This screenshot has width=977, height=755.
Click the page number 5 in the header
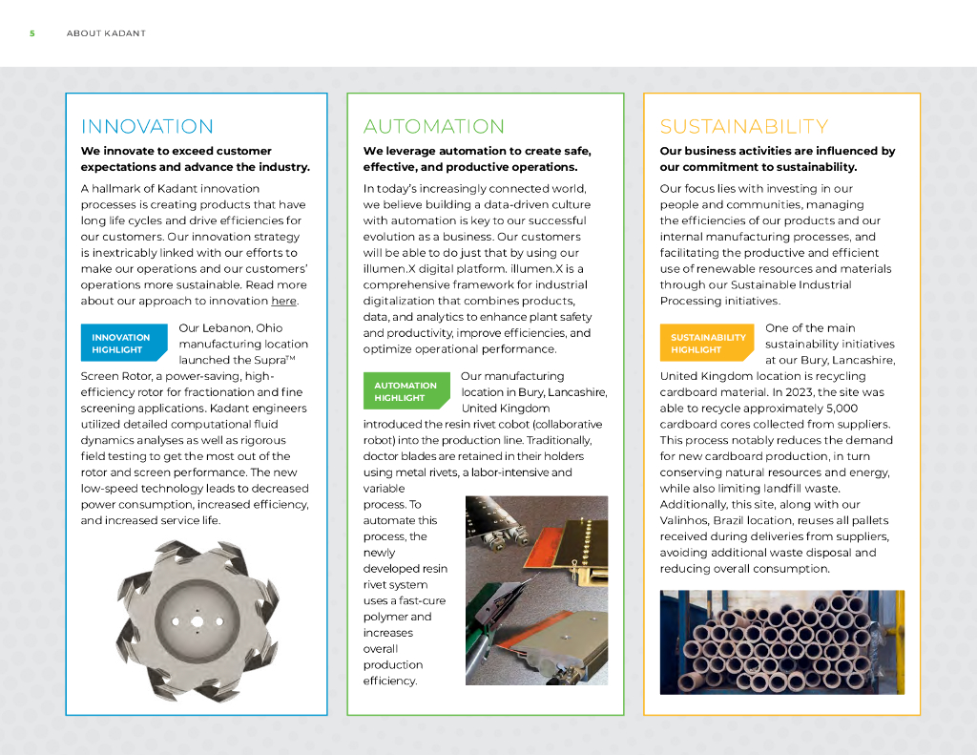point(31,33)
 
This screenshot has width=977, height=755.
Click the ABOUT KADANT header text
point(106,33)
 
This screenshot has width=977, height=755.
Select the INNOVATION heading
point(147,127)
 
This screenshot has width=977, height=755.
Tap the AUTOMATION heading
point(434,127)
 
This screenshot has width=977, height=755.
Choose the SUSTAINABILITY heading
point(744,127)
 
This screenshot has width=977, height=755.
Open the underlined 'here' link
point(283,302)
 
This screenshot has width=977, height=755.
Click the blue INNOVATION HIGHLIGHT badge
point(121,344)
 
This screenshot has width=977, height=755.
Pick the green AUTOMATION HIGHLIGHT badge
point(405,391)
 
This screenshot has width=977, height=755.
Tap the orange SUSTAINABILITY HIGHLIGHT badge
point(708,344)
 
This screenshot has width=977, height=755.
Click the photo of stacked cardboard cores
point(781,641)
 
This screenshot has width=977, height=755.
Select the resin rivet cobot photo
point(535,590)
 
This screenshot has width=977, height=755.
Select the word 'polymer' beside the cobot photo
point(385,617)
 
